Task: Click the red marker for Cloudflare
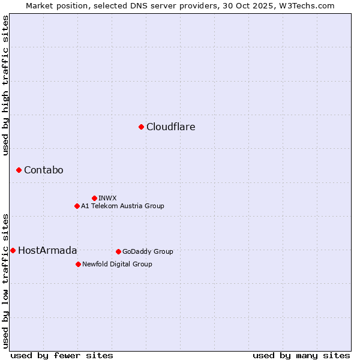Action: click(141, 127)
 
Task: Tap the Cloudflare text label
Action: click(170, 127)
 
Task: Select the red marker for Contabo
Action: click(19, 170)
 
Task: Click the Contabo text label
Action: click(43, 170)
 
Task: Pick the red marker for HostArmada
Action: click(13, 250)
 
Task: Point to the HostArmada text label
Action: click(47, 250)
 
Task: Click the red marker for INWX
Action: click(94, 198)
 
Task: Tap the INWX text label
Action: click(107, 198)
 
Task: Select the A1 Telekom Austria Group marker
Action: click(77, 206)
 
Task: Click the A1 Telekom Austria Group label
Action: click(122, 206)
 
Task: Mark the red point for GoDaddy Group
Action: click(118, 251)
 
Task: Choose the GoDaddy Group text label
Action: click(148, 251)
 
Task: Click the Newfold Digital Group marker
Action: click(78, 264)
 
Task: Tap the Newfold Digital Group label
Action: click(117, 264)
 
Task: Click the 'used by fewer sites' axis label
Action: click(62, 355)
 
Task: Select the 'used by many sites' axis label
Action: click(301, 355)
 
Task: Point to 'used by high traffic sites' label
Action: click(5, 85)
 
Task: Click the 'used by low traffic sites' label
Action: click(5, 280)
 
